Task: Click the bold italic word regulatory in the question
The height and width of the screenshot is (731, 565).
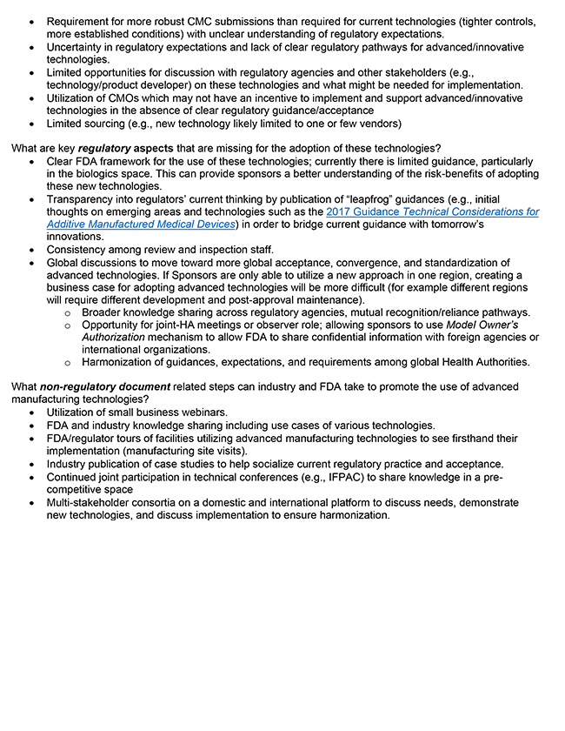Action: point(106,148)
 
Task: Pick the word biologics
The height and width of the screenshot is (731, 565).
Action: point(117,174)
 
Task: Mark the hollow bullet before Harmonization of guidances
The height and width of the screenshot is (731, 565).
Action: point(70,363)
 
